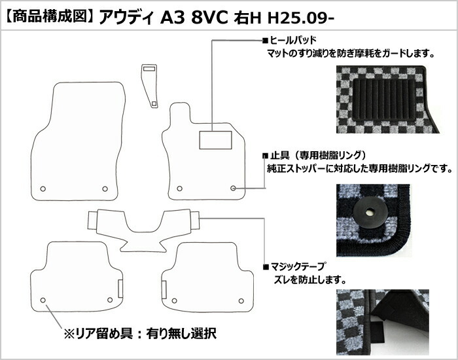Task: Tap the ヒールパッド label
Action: coord(293,40)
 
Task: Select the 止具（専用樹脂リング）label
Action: coord(318,155)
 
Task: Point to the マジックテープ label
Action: coord(297,266)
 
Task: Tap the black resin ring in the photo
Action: coord(370,213)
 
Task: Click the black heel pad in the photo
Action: coord(384,99)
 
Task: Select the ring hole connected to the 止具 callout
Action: coord(233,189)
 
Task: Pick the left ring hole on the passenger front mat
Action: coord(43,189)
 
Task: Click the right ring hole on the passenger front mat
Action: coord(105,189)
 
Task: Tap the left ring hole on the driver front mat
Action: coord(180,189)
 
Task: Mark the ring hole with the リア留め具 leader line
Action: coord(43,300)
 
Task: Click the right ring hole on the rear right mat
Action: coord(241,301)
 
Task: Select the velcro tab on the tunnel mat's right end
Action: coord(195,220)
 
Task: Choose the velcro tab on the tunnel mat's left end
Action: coord(93,221)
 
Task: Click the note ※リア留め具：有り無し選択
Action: coord(140,333)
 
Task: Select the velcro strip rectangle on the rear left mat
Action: coord(120,289)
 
